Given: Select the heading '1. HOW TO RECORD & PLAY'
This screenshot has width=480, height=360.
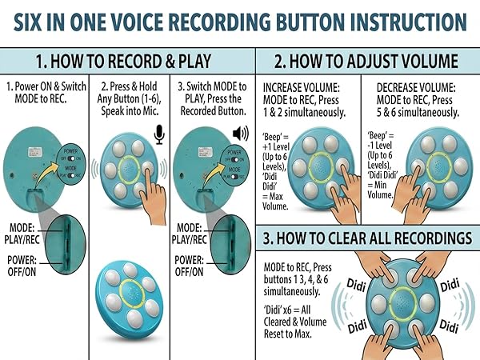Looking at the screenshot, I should click(127, 62).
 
